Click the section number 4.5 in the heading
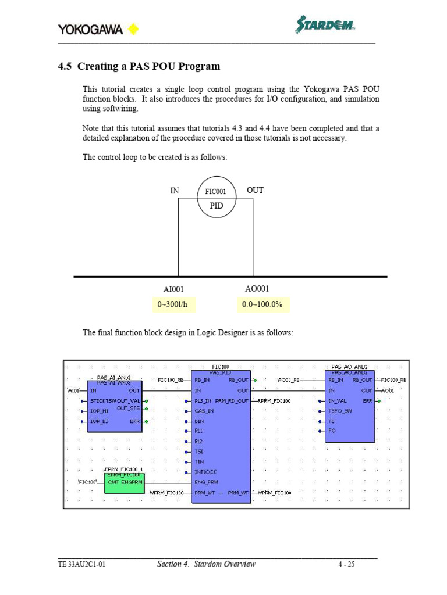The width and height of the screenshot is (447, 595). pyautogui.click(x=65, y=66)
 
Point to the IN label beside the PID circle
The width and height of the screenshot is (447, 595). pyautogui.click(x=175, y=190)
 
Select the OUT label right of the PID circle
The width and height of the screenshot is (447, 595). pyautogui.click(x=255, y=190)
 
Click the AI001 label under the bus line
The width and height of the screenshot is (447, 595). pyautogui.click(x=173, y=289)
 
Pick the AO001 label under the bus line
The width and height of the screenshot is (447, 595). pyautogui.click(x=257, y=289)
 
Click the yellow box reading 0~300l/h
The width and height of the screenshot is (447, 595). pyautogui.click(x=175, y=304)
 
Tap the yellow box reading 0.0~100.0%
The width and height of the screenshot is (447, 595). pyautogui.click(x=262, y=304)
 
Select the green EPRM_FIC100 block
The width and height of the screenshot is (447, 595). pyautogui.click(x=125, y=482)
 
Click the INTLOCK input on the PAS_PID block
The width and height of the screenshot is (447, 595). pyautogui.click(x=205, y=472)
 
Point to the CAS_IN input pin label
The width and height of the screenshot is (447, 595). pyautogui.click(x=204, y=411)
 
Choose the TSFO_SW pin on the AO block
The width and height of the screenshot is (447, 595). pyautogui.click(x=340, y=411)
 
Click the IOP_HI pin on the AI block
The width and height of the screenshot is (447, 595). pyautogui.click(x=99, y=411)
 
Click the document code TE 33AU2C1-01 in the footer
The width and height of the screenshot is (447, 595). pyautogui.click(x=81, y=564)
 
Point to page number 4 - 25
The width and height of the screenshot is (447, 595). pyautogui.click(x=346, y=564)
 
